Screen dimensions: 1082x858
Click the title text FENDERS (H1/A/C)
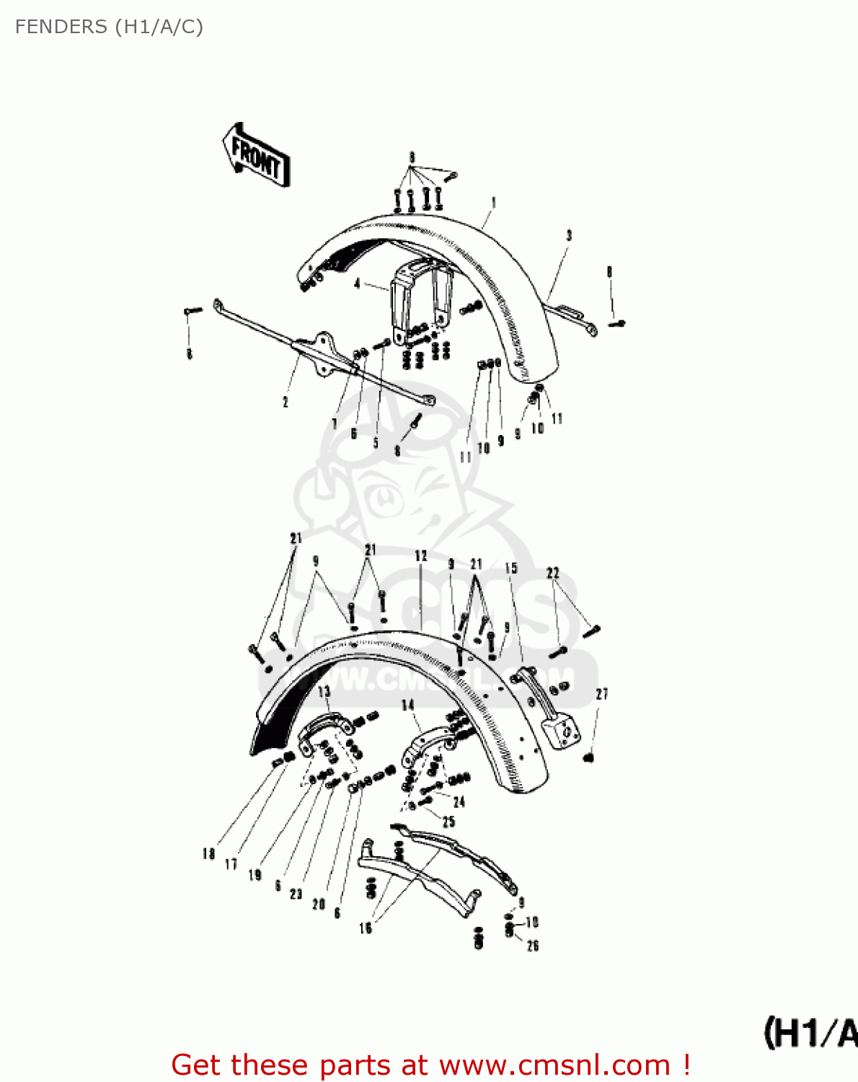(109, 27)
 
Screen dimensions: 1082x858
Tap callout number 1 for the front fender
(494, 203)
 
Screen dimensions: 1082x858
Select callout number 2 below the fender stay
(286, 402)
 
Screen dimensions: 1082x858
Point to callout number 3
(569, 236)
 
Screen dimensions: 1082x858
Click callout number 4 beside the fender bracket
(357, 283)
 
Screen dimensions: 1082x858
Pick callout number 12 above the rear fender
(421, 556)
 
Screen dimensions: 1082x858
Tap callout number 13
(324, 692)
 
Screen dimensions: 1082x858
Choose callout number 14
(408, 705)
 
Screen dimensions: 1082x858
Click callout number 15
(511, 568)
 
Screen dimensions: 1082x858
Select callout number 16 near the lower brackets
(366, 928)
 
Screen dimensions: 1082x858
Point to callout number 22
(553, 573)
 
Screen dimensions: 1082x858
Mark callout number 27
(602, 694)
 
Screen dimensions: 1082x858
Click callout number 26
(533, 946)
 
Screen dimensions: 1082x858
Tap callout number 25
(448, 822)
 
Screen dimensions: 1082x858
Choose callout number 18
(208, 854)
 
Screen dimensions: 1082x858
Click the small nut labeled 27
(588, 757)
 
